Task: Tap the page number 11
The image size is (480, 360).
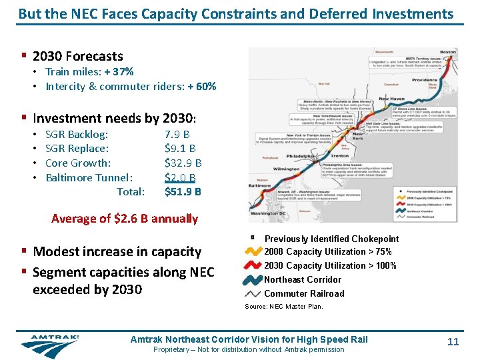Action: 453,342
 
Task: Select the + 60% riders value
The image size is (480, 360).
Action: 201,86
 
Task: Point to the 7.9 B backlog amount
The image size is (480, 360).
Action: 177,134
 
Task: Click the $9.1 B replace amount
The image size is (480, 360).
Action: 180,149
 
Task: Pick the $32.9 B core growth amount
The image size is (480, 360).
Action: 183,163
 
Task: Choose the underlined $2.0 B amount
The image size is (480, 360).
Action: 180,177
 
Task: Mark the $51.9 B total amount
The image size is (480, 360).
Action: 183,192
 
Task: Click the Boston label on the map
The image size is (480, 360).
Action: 448,52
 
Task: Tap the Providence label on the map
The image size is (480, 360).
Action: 424,80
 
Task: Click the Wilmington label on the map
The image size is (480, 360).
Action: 287,169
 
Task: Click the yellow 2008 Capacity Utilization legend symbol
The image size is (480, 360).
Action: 253,252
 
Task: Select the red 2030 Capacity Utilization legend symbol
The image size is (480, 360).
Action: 253,266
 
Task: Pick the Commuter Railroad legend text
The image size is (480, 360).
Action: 304,293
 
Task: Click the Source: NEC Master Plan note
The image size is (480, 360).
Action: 283,307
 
